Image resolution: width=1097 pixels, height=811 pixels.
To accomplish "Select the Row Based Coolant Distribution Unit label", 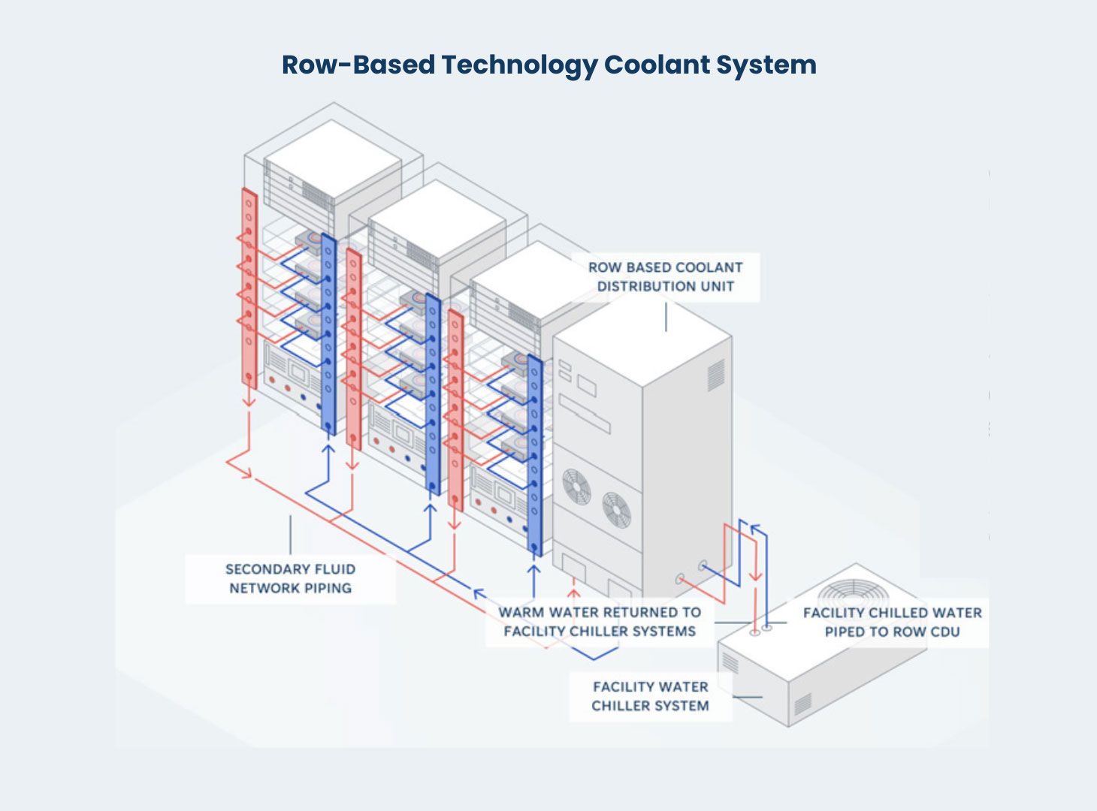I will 665,276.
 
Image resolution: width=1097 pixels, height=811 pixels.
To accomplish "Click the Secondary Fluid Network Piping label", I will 290,578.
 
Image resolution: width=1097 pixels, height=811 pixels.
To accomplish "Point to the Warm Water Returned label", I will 600,622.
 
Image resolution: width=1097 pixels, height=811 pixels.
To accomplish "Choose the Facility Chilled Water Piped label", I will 892,622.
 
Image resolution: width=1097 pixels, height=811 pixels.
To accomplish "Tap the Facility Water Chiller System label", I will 650,696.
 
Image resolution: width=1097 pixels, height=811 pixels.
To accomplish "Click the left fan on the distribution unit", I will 577,486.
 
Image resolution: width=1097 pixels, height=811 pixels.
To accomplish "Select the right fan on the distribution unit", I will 616,509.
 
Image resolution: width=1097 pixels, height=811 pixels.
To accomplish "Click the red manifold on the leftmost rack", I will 249,289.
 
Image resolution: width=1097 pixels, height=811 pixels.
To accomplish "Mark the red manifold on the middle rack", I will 353,349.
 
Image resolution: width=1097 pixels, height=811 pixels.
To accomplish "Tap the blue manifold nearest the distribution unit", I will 534,454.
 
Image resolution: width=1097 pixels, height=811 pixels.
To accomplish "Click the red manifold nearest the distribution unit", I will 455,409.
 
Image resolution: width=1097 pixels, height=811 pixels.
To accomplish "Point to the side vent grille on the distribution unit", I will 715,375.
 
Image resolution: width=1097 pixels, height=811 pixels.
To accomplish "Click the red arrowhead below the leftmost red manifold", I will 249,403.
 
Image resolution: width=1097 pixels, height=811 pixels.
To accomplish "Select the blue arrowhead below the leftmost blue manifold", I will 328,449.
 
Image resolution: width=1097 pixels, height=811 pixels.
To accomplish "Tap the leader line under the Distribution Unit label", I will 666,315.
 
